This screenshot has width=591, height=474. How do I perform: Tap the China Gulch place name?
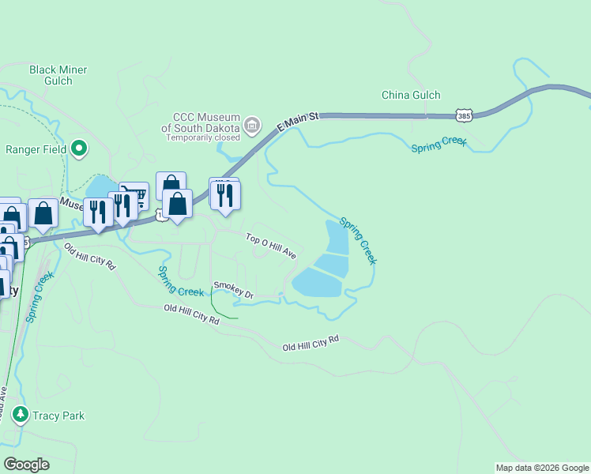(x=411, y=95)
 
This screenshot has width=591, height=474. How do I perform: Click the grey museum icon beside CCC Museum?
(x=252, y=124)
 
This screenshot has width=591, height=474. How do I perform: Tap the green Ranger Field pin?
(x=79, y=148)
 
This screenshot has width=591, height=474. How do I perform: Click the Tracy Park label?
(x=58, y=416)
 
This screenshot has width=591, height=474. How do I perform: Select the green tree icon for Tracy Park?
(x=21, y=415)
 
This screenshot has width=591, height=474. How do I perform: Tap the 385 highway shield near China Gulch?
(x=465, y=116)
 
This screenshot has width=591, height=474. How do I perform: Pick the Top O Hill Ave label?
(x=271, y=246)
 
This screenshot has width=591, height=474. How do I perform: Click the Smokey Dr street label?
(x=232, y=290)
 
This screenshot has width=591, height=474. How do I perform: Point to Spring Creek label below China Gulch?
(x=439, y=147)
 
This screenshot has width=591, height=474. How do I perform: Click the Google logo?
(x=26, y=465)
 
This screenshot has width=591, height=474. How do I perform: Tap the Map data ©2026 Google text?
(x=541, y=468)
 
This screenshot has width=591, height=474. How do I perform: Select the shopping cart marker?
(x=135, y=194)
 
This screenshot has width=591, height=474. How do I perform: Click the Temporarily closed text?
(x=203, y=137)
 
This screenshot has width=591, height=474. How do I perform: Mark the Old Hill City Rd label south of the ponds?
(x=311, y=343)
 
